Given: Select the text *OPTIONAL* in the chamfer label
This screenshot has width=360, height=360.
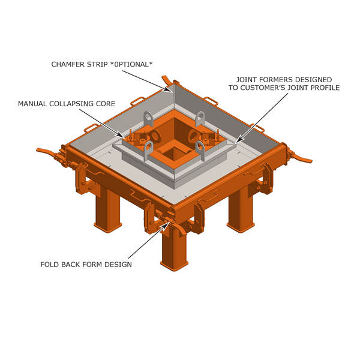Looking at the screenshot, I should [133, 64].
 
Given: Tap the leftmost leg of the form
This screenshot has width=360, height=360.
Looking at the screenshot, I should [108, 210].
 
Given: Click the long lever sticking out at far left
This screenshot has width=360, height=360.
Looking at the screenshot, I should [48, 151].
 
